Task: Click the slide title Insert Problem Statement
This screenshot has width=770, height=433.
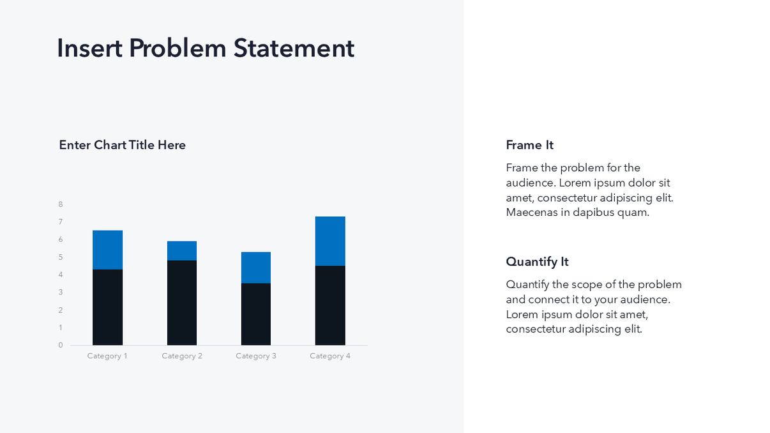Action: (x=205, y=49)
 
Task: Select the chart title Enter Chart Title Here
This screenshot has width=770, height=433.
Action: (x=122, y=146)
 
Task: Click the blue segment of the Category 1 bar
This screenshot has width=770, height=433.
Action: (x=107, y=250)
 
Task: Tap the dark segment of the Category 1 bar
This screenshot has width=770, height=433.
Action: (x=107, y=307)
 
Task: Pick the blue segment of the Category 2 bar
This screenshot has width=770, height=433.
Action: (x=182, y=251)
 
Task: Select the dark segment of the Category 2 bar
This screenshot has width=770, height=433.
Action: (x=182, y=303)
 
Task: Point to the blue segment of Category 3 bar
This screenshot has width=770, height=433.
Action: (x=256, y=268)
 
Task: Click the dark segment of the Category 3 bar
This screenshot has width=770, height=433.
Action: (x=256, y=314)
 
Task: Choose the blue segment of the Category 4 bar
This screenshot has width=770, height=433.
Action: (x=330, y=241)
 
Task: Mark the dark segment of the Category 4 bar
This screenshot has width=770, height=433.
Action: (x=330, y=305)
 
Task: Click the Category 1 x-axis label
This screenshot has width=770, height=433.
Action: (x=107, y=356)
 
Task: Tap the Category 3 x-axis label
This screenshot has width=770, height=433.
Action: (x=256, y=356)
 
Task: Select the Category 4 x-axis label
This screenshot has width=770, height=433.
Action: (x=330, y=356)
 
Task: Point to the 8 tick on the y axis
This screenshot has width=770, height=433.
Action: (x=61, y=205)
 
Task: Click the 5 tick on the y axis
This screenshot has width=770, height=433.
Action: (x=61, y=257)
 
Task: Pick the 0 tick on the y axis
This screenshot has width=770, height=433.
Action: (x=61, y=346)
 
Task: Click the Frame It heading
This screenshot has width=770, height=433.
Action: (x=529, y=146)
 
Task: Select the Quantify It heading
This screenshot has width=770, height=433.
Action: (x=537, y=262)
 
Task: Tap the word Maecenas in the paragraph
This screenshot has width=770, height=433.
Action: (x=531, y=213)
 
